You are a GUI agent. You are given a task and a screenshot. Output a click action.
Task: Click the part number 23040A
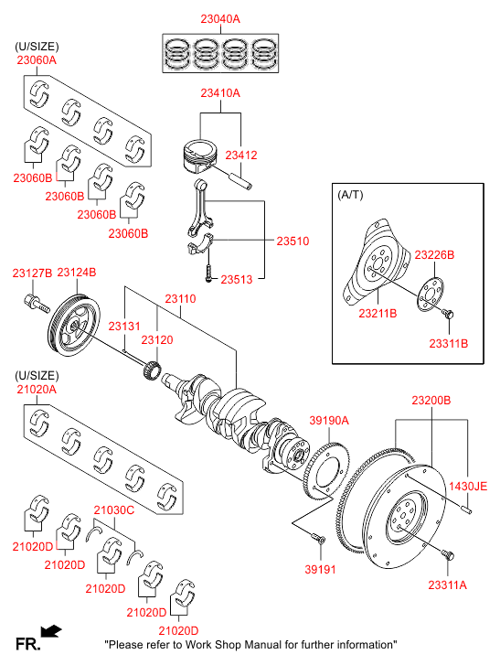pyautogui.click(x=220, y=18)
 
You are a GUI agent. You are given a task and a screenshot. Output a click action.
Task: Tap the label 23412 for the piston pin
pyautogui.click(x=241, y=155)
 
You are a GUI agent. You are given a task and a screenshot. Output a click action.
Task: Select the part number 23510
pyautogui.click(x=293, y=241)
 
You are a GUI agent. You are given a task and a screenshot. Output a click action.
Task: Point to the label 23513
pyautogui.click(x=237, y=279)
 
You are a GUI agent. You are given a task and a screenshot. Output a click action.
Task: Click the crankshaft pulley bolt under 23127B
pyautogui.click(x=36, y=304)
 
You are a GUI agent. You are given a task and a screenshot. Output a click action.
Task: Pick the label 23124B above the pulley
pyautogui.click(x=76, y=273)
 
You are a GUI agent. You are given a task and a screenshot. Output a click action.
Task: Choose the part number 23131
pyautogui.click(x=124, y=326)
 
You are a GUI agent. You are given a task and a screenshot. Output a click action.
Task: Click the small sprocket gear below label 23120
pyautogui.click(x=152, y=370)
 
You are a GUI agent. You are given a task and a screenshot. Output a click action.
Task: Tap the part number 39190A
pyautogui.click(x=329, y=420)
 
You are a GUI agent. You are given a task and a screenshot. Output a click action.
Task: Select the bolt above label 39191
pyautogui.click(x=319, y=539)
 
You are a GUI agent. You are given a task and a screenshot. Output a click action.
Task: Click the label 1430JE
pyautogui.click(x=468, y=486)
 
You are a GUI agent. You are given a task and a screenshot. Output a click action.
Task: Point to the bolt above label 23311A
pyautogui.click(x=448, y=554)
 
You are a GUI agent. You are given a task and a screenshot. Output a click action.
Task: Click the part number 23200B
pyautogui.click(x=431, y=400)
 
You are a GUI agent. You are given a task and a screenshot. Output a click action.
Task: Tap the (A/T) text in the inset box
pyautogui.click(x=350, y=195)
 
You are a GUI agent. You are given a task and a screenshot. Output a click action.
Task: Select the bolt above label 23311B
pyautogui.click(x=448, y=314)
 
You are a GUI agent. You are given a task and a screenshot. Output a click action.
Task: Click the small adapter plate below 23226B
pyautogui.click(x=430, y=295)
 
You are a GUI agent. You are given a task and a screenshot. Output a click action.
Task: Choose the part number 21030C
pyautogui.click(x=114, y=509)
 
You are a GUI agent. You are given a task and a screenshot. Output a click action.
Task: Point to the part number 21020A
pyautogui.click(x=37, y=389)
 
